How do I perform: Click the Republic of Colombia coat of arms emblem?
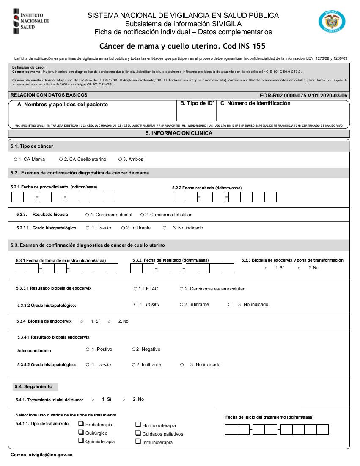click(332, 21)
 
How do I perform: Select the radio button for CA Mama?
click(16, 160)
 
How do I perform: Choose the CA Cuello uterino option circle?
click(60, 160)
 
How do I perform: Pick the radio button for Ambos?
click(120, 160)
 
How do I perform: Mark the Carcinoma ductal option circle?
click(87, 215)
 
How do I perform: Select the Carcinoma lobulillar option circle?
click(142, 215)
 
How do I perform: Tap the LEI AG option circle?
click(135, 289)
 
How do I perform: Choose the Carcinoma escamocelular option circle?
click(181, 289)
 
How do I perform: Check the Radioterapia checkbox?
click(81, 424)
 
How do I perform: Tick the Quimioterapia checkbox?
click(81, 441)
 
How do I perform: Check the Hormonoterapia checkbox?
click(138, 425)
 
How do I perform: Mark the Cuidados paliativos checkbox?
click(138, 433)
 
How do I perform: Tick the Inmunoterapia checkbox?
click(138, 441)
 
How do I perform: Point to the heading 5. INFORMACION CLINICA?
click(179, 133)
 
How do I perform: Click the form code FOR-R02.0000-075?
click(289, 96)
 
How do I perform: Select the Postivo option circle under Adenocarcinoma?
click(88, 349)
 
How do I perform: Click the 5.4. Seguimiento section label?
click(33, 386)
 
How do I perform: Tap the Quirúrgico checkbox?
click(81, 432)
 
